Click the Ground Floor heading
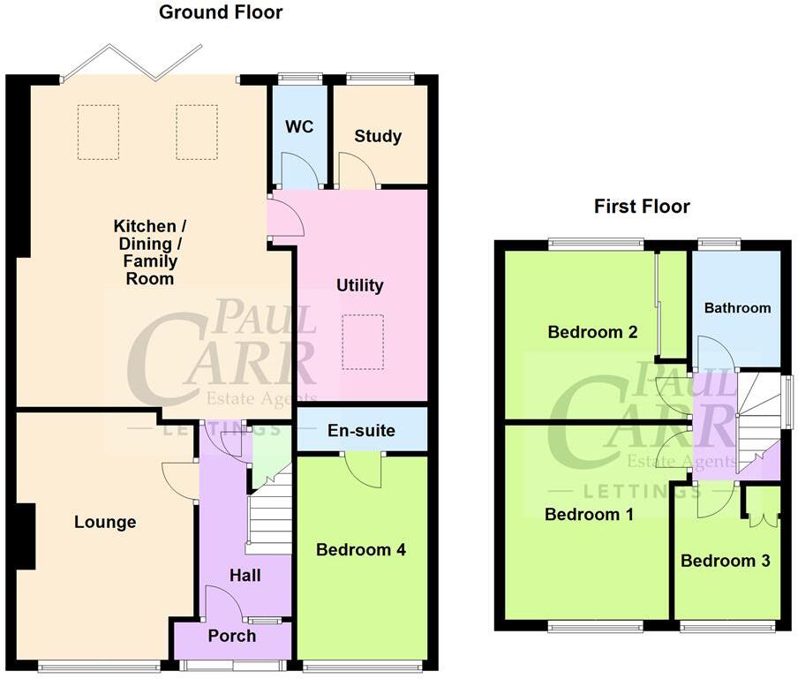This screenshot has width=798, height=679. pyautogui.click(x=221, y=12)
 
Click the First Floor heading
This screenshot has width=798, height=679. pyautogui.click(x=642, y=207)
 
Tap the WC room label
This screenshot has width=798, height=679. pyautogui.click(x=299, y=127)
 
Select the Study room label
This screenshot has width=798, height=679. pyautogui.click(x=378, y=136)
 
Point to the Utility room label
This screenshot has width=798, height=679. pyautogui.click(x=360, y=285)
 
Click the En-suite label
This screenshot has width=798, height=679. pyautogui.click(x=361, y=431)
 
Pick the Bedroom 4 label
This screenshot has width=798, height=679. pyautogui.click(x=361, y=549)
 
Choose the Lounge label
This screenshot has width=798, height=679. pyautogui.click(x=105, y=522)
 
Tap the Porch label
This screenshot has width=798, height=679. pyautogui.click(x=232, y=636)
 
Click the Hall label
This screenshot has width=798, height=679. pyautogui.click(x=245, y=576)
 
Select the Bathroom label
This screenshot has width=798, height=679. pyautogui.click(x=737, y=308)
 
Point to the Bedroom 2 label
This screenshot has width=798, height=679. pyautogui.click(x=592, y=332)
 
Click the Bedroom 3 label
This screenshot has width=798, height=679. pyautogui.click(x=719, y=561)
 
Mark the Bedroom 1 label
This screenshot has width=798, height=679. pyautogui.click(x=589, y=515)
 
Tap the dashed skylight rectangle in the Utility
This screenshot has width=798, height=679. pyautogui.click(x=363, y=342)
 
